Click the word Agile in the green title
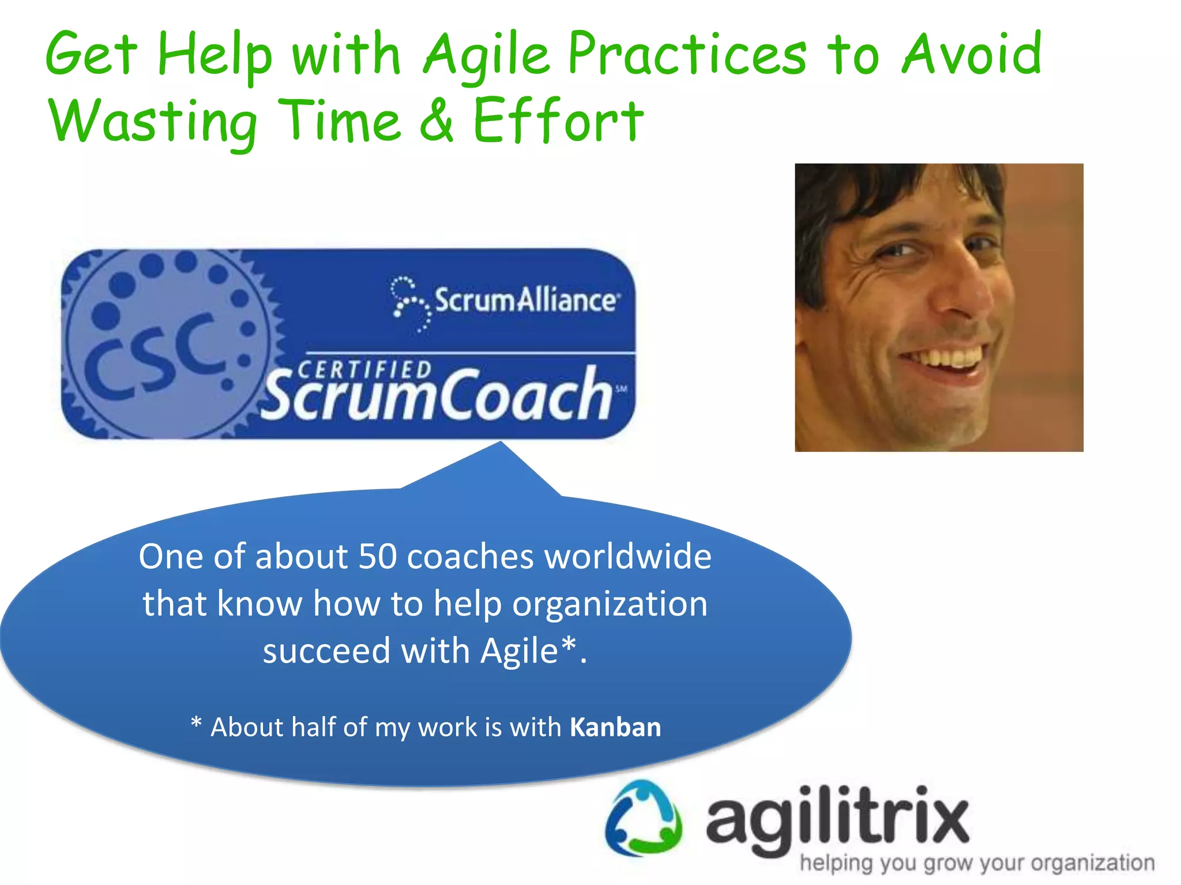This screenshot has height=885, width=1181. [487, 55]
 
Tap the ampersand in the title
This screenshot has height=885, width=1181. [437, 119]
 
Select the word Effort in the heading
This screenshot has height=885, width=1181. [558, 120]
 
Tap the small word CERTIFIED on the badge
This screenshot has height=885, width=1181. [364, 369]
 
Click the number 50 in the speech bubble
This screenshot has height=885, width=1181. [378, 557]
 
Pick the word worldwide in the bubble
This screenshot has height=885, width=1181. [628, 557]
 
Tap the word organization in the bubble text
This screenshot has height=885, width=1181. [610, 604]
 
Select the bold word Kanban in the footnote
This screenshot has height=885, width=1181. [615, 727]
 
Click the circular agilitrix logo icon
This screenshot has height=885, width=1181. [644, 819]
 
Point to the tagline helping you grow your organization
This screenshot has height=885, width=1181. [977, 863]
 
